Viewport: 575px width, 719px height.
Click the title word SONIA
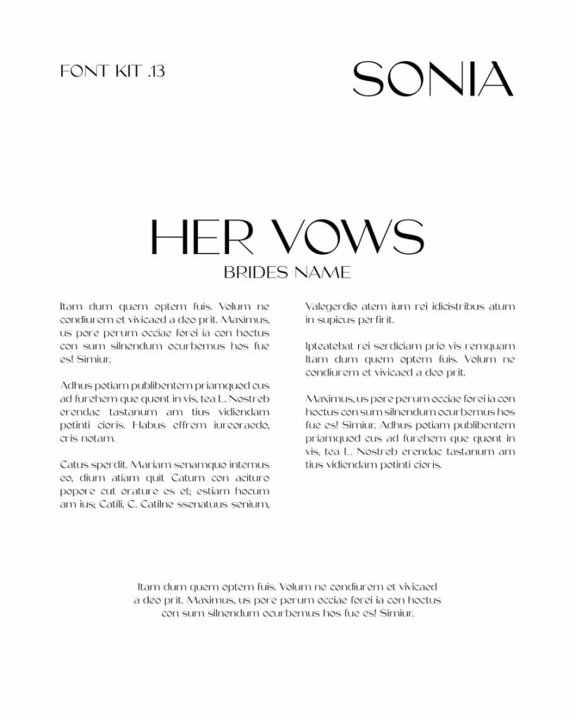[432, 79]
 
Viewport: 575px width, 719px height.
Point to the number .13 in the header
[157, 71]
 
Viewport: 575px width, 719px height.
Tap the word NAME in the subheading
[322, 272]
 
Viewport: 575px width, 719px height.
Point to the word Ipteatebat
[330, 346]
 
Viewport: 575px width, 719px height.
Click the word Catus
[74, 465]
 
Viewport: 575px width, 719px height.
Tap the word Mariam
[149, 465]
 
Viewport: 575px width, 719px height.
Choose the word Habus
[147, 426]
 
